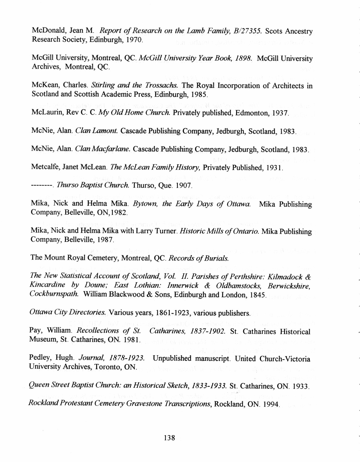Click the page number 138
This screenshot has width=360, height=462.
(x=170, y=438)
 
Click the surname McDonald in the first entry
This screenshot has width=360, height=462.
(x=46, y=31)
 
